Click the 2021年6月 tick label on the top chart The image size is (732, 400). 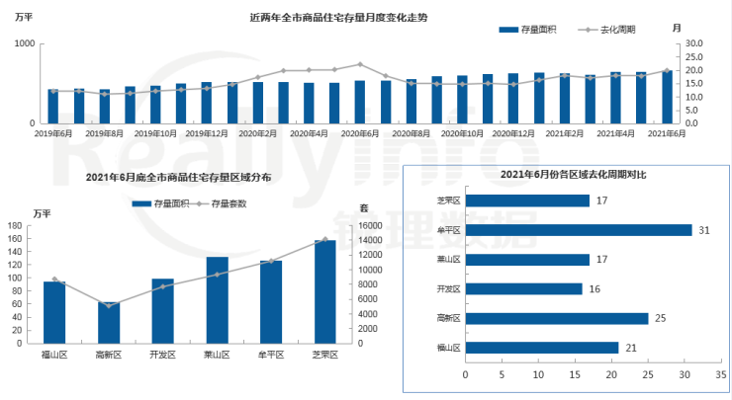pyautogui.click(x=667, y=132)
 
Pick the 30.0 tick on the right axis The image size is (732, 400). pyautogui.click(x=693, y=43)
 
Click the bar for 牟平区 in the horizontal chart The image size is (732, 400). pyautogui.click(x=578, y=230)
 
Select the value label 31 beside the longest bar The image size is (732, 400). pyautogui.click(x=703, y=230)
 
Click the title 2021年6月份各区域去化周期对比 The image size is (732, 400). pyautogui.click(x=560, y=174)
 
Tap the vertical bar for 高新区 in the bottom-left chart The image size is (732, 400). pyautogui.click(x=109, y=322)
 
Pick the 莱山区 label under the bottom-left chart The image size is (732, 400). pyautogui.click(x=218, y=354)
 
